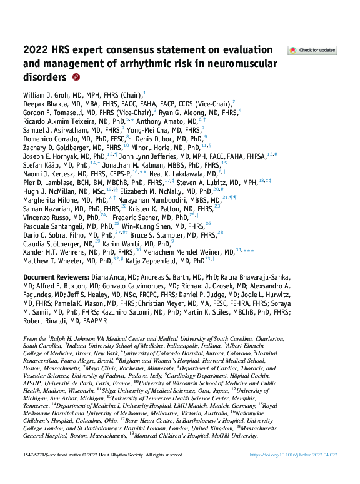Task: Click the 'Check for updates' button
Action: click(311, 50)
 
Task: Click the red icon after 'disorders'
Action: click(76, 78)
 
